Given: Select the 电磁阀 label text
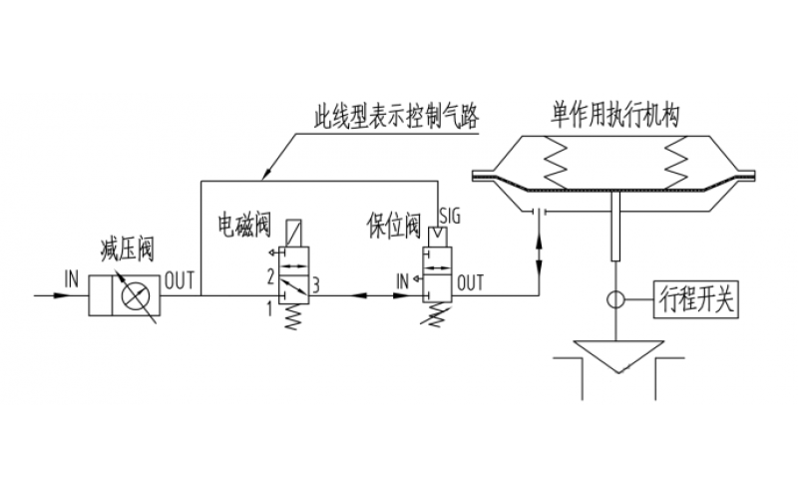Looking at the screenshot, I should coord(244,225).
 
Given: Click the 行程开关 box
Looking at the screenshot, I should coord(697,298).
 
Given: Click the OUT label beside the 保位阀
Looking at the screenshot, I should coord(470,282).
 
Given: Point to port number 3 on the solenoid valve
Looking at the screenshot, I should coord(315,286).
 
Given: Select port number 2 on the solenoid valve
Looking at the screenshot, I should coord(269,274).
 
